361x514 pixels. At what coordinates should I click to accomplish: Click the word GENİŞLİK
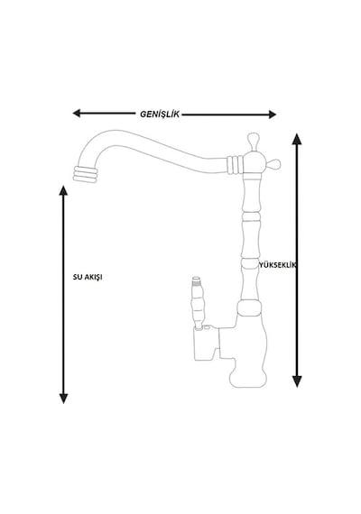[160, 115]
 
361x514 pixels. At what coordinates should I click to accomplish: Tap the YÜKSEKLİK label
[277, 265]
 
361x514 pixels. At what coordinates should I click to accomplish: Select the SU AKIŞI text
[88, 277]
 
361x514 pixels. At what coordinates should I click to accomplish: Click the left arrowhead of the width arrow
[77, 114]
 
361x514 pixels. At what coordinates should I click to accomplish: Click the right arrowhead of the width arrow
[272, 115]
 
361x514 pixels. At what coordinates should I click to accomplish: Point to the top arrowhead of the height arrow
[297, 139]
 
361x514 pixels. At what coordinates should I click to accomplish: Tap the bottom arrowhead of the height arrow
[297, 381]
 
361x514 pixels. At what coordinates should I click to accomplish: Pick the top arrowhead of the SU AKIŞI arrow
[63, 190]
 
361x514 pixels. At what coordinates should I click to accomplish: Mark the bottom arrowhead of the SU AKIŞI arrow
[63, 399]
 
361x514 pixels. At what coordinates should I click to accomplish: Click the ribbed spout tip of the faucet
[85, 174]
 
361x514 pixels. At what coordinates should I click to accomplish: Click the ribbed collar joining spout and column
[235, 165]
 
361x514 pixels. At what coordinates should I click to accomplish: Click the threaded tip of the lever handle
[197, 280]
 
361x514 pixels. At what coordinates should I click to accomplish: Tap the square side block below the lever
[207, 344]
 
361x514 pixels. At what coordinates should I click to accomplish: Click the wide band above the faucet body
[250, 307]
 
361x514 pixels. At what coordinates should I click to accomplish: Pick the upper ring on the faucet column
[251, 216]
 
